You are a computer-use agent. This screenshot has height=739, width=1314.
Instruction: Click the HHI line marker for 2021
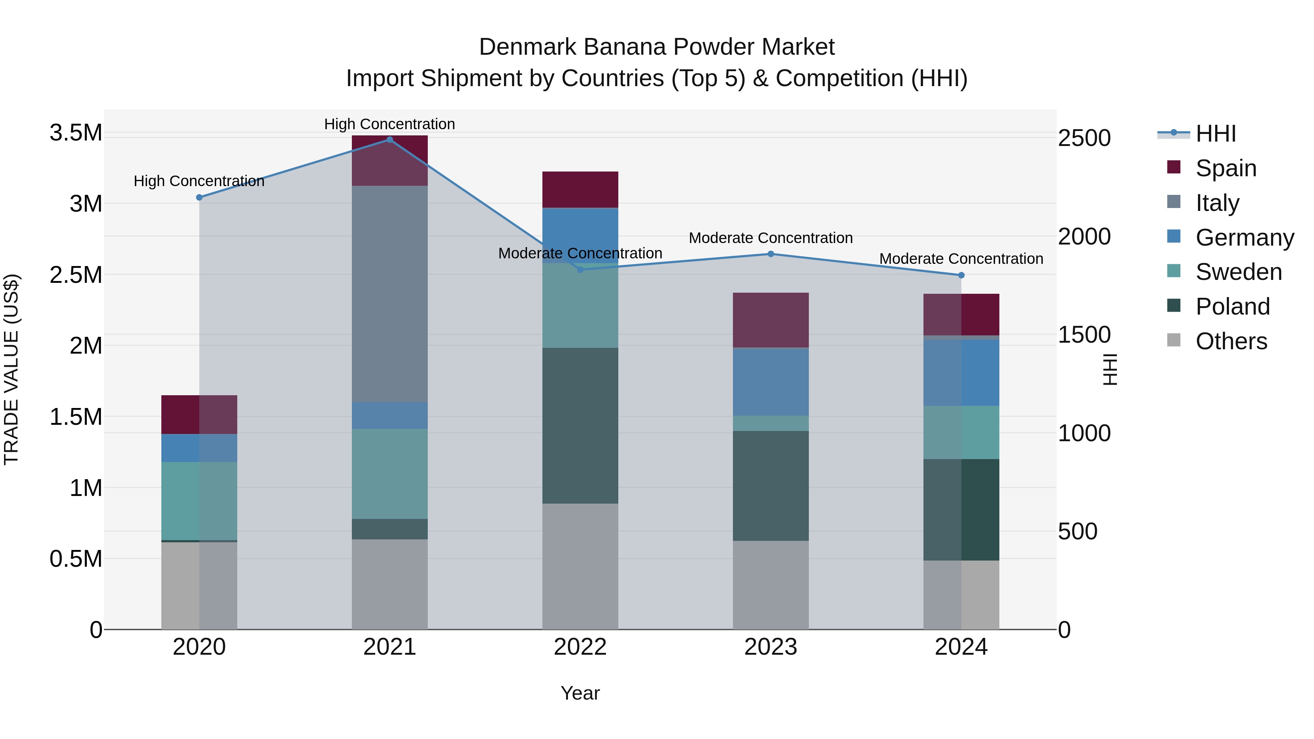tap(390, 140)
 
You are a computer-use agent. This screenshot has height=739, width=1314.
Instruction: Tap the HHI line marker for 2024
tap(961, 276)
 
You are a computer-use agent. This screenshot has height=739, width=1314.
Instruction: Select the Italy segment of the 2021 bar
tap(390, 294)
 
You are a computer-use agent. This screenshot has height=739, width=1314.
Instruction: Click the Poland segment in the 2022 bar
tap(580, 426)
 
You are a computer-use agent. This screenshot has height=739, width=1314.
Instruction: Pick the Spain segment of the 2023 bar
tap(771, 320)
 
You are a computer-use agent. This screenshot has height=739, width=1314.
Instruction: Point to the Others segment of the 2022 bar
tap(580, 566)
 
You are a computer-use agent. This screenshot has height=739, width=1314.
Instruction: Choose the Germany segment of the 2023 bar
tap(771, 381)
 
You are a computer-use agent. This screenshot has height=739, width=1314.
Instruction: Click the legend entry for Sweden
tap(1238, 272)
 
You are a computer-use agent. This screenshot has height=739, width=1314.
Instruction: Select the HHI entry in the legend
tap(1215, 134)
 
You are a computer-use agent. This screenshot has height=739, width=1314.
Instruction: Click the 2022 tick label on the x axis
tap(580, 647)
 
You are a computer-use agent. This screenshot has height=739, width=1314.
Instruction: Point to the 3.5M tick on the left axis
tap(76, 133)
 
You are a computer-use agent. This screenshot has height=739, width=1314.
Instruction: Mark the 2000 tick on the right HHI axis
tap(1084, 236)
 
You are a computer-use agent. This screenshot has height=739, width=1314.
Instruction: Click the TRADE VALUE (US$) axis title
tap(11, 369)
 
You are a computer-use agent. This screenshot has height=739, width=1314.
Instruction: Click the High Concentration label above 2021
tap(390, 124)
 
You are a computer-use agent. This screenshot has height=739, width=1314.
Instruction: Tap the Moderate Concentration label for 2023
tap(771, 238)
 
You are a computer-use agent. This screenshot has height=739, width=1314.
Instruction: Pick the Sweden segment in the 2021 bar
tap(390, 474)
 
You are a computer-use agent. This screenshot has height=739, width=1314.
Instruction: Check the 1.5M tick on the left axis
tap(76, 417)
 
